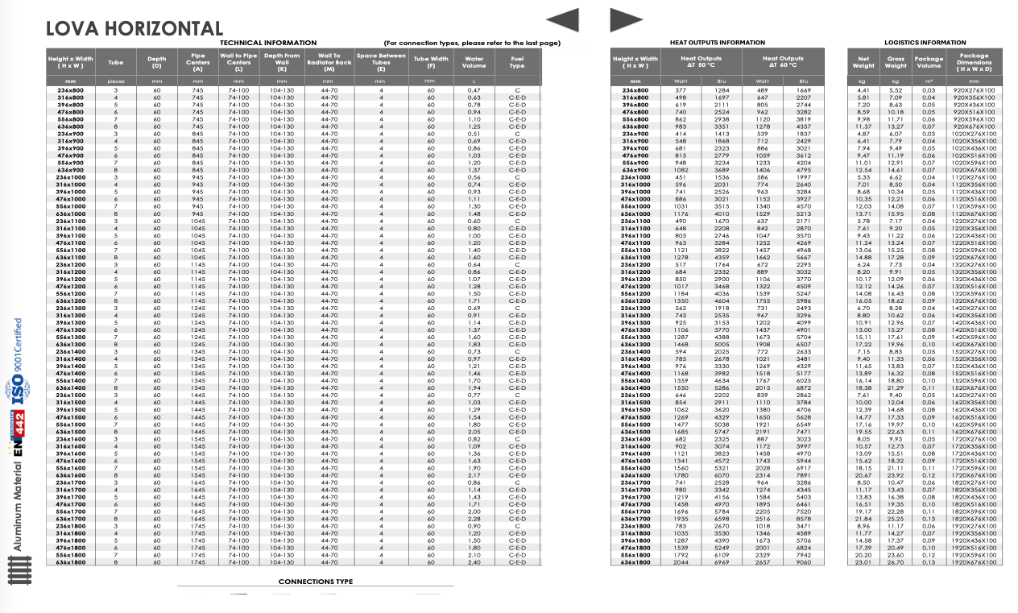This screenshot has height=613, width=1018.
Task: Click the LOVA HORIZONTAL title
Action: [x=134, y=29]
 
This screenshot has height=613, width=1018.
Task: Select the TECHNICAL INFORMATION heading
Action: [x=268, y=43]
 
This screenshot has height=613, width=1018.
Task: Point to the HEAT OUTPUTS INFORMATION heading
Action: [x=717, y=43]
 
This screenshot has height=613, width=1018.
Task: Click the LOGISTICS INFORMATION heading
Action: [x=925, y=43]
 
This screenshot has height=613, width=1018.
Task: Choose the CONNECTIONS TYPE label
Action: [x=316, y=582]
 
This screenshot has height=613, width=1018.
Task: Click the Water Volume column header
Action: [x=474, y=62]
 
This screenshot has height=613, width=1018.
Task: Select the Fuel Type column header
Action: [x=516, y=62]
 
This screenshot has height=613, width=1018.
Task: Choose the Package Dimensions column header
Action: [x=974, y=62]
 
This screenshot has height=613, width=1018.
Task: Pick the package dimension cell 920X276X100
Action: [x=974, y=90]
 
